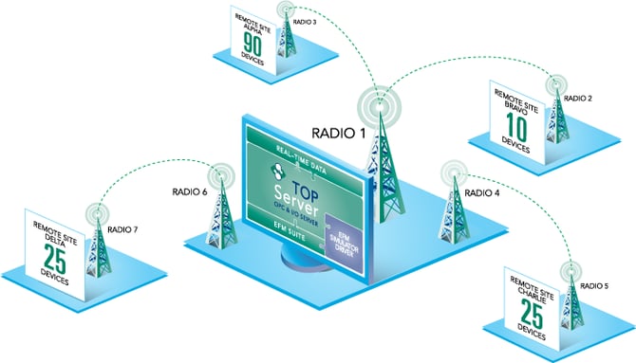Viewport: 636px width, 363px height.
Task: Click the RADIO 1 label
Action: tap(339, 134)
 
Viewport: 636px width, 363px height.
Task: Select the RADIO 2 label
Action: tap(577, 98)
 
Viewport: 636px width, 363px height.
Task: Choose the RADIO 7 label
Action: tap(125, 228)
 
